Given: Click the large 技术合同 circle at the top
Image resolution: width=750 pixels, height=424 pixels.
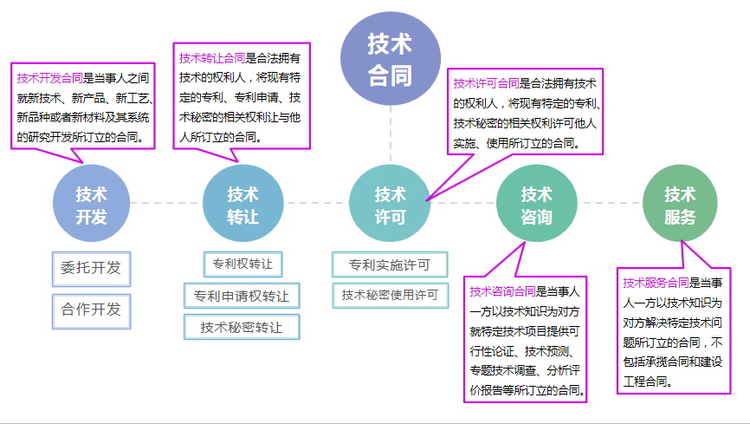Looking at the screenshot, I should [x=389, y=57].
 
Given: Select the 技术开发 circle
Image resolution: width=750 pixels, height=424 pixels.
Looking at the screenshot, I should [x=91, y=205].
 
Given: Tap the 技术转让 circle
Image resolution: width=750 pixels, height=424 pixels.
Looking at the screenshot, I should [x=242, y=205].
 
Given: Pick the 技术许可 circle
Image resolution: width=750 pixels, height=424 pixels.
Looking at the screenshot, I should [x=389, y=205].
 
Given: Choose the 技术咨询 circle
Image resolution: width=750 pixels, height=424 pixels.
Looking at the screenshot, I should [x=536, y=205].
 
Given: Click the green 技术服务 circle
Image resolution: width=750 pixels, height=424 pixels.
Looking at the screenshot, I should [x=680, y=205].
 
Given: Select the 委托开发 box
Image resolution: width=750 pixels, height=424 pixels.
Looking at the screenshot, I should [x=91, y=269].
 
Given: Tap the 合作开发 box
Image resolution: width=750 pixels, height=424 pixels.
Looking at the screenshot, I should [x=91, y=310].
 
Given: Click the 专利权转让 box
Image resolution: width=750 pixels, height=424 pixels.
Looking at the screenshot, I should [x=242, y=263].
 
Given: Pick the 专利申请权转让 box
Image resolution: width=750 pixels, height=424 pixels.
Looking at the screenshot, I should [x=242, y=296].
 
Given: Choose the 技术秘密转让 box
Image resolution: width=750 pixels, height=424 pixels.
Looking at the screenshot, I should [x=242, y=327].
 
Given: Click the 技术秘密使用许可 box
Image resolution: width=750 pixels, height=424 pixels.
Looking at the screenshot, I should [x=389, y=295].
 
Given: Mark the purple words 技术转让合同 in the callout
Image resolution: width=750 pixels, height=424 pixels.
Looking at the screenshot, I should [x=212, y=58].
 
